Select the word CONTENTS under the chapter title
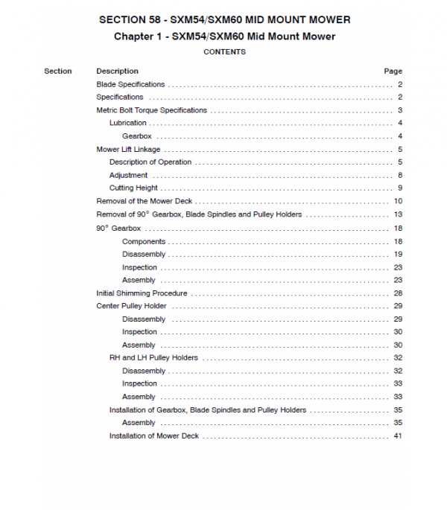coord(224,52)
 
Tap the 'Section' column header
coord(58,71)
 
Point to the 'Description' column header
coord(117,71)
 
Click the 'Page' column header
coord(393,71)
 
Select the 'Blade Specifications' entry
coord(130,84)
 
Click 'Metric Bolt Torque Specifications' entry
coord(151,110)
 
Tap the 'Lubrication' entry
coord(128,123)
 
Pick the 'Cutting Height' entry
coord(133,188)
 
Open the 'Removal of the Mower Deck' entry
coord(145,201)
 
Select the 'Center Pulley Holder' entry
coord(131,306)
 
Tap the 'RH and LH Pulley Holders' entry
coord(153,358)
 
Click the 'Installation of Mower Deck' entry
coord(154,436)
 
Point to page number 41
coord(398,436)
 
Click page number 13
coord(398,214)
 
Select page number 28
coord(398,293)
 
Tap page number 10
coord(398,201)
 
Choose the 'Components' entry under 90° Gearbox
coord(144,241)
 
